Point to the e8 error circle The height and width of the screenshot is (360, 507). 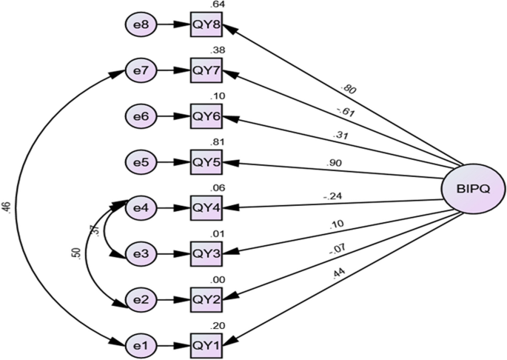[x=140, y=25]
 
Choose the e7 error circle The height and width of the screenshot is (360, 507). [x=140, y=70]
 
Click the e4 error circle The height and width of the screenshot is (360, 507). [x=140, y=207]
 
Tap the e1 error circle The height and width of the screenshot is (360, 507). [x=140, y=344]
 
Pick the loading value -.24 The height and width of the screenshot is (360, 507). [x=330, y=196]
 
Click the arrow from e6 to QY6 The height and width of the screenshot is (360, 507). [x=172, y=116]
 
